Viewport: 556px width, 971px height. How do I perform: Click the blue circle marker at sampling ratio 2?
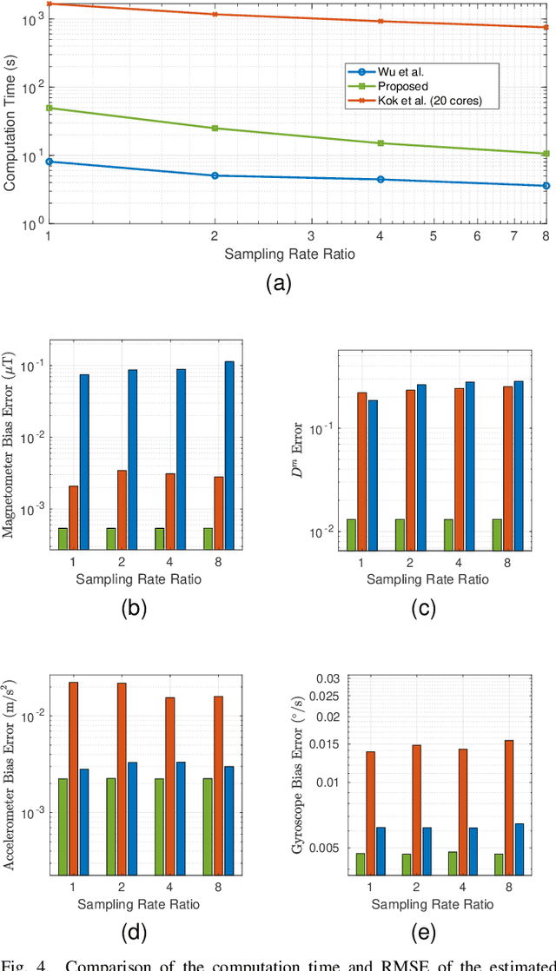215,175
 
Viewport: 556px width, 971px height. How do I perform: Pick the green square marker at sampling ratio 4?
381,142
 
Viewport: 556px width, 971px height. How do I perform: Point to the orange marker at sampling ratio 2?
215,14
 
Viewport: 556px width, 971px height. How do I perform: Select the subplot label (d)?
133,933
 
